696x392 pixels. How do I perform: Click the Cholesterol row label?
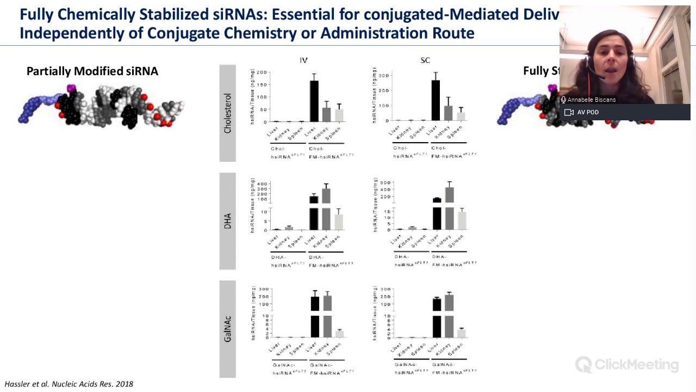227,113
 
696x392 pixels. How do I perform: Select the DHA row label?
227,220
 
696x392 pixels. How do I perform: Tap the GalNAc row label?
227,329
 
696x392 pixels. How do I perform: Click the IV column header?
303,60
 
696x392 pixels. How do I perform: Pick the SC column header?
425,60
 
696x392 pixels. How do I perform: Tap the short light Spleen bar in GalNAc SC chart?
461,333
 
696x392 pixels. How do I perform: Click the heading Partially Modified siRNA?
92,71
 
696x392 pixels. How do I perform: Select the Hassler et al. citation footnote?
69,384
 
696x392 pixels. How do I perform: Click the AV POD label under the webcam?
588,112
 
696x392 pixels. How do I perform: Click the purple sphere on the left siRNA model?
70,88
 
